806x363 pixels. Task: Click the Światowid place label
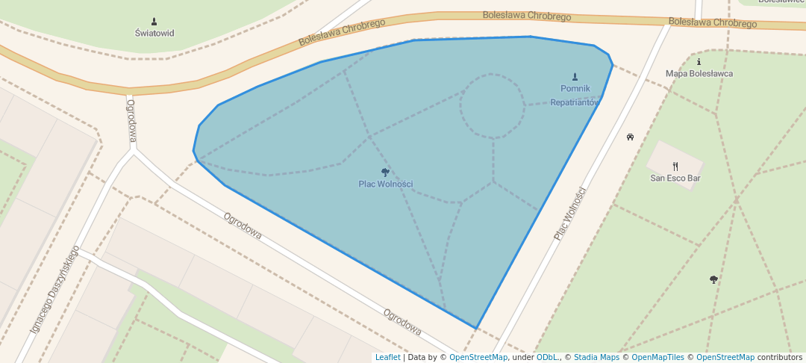pos(154,33)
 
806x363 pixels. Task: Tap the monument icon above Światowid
pos(154,21)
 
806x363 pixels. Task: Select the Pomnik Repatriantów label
pos(575,95)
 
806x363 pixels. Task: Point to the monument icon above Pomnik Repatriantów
pos(575,76)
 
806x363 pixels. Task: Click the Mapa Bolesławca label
pos(699,73)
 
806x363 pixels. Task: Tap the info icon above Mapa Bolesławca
pos(699,62)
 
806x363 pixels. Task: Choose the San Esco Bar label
pos(675,178)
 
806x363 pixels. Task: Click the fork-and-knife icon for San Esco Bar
pos(675,167)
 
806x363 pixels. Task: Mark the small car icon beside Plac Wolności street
pos(630,137)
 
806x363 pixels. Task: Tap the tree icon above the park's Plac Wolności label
pos(385,173)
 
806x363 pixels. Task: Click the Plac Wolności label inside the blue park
pos(385,184)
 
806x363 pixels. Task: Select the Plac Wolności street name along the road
pos(570,213)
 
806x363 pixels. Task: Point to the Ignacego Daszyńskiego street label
pos(54,290)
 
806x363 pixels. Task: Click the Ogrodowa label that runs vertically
pos(132,120)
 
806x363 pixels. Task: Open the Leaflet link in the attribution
pos(387,357)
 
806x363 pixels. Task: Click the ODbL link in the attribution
pos(547,357)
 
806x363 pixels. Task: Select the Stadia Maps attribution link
pos(596,357)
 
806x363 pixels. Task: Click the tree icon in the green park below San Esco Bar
pos(713,279)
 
